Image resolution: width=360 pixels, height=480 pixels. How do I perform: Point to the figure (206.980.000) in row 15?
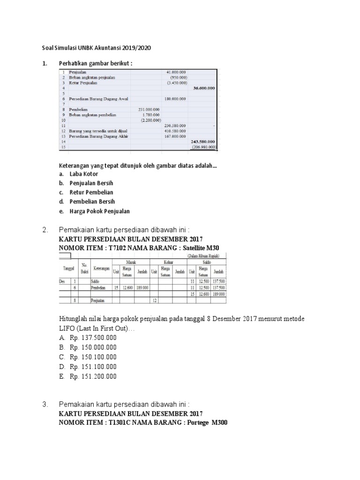click(x=202, y=146)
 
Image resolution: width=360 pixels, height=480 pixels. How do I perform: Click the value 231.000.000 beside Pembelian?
click(x=149, y=109)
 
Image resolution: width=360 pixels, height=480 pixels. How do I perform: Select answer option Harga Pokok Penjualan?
click(x=100, y=211)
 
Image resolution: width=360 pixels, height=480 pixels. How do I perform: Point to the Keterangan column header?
click(x=101, y=269)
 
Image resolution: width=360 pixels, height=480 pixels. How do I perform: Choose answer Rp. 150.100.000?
click(x=93, y=357)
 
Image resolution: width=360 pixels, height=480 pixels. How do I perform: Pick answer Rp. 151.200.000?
click(x=93, y=376)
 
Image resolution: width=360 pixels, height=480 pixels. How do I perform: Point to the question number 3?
click(x=45, y=404)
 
